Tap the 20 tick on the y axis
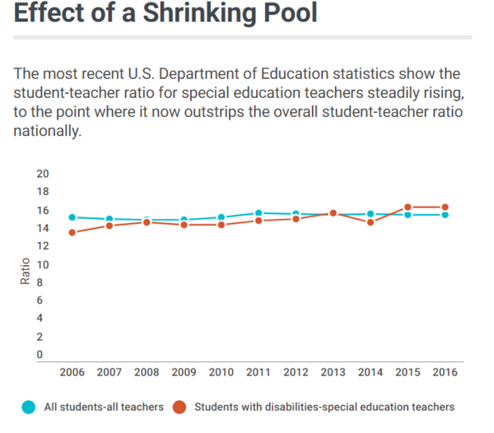(44, 174)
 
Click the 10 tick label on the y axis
(44, 264)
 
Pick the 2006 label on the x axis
(72, 373)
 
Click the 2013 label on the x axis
(333, 373)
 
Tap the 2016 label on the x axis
(445, 373)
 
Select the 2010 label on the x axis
(221, 373)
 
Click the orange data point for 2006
(72, 232)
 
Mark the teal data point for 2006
(72, 217)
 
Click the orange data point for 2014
(370, 222)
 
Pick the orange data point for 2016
(445, 207)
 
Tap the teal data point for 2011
(259, 213)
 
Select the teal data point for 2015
(408, 215)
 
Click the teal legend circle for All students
(29, 407)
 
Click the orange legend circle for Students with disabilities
(180, 407)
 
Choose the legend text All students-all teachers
(103, 407)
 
